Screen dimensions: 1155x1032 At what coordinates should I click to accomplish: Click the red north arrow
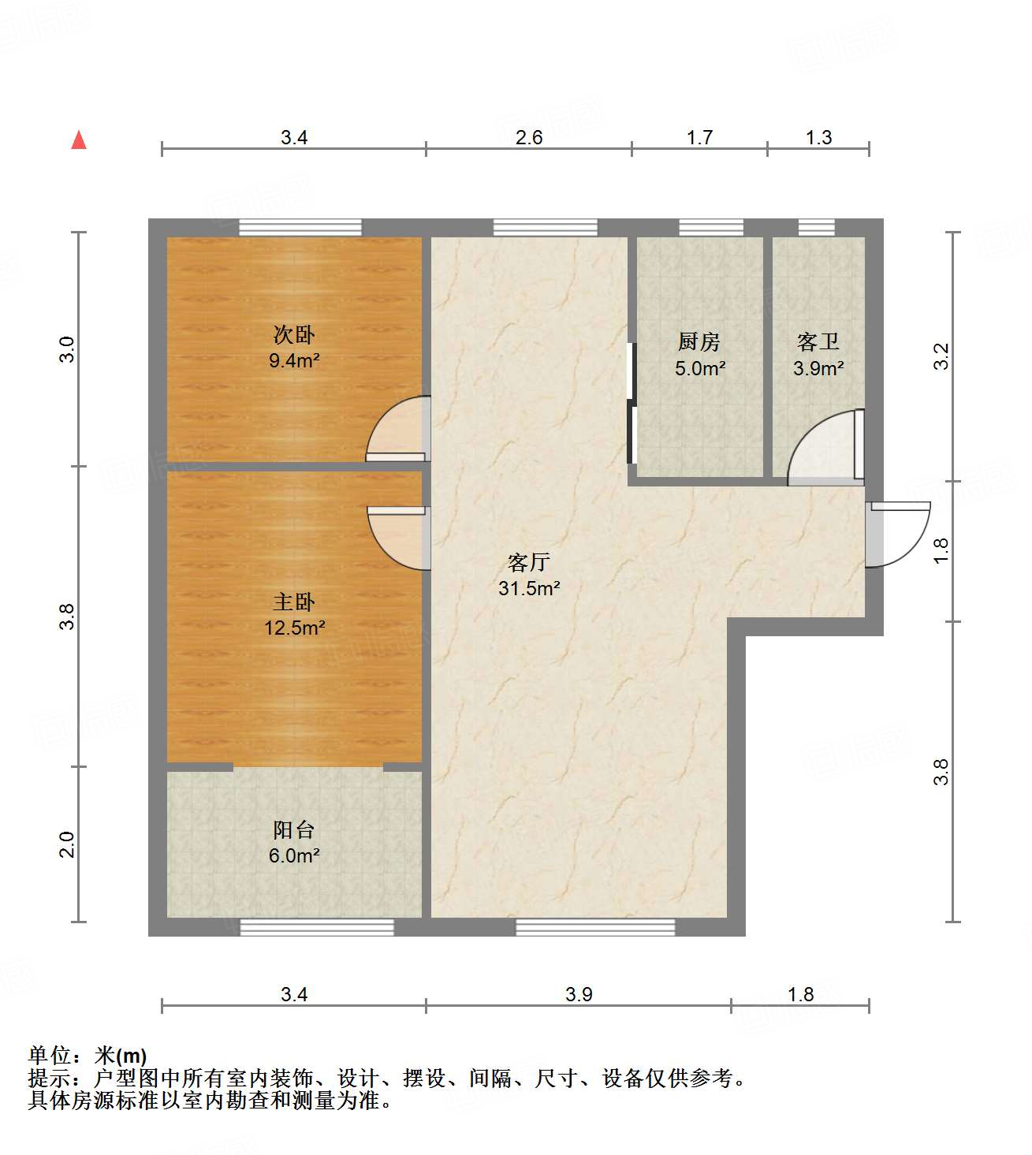(x=79, y=140)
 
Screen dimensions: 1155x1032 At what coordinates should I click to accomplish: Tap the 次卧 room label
(x=294, y=334)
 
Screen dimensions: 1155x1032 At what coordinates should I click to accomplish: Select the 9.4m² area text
(x=294, y=361)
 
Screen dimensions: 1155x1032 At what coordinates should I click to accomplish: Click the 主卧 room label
(x=294, y=602)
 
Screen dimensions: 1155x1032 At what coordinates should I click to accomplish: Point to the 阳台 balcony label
(x=294, y=829)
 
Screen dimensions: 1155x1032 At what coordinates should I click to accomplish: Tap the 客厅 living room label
(x=528, y=562)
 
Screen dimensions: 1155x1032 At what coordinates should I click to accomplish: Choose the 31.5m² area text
(x=529, y=588)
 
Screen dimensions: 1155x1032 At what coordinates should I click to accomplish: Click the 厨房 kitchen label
(x=699, y=341)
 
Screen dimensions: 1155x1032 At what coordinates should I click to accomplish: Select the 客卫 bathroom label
(x=818, y=341)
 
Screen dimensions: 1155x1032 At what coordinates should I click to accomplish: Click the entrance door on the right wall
(x=897, y=535)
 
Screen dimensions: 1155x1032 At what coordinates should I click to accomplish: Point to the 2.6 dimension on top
(x=529, y=138)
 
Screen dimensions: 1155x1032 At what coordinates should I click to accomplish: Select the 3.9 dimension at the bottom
(x=579, y=994)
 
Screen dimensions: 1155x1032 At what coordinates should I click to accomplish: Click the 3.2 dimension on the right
(x=941, y=356)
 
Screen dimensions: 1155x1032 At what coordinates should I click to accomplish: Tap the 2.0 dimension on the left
(x=68, y=844)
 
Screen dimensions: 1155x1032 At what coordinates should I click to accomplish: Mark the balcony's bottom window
(x=317, y=927)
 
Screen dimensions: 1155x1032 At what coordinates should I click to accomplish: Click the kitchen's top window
(x=711, y=228)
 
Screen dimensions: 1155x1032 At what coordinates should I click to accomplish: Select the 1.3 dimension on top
(x=818, y=138)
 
